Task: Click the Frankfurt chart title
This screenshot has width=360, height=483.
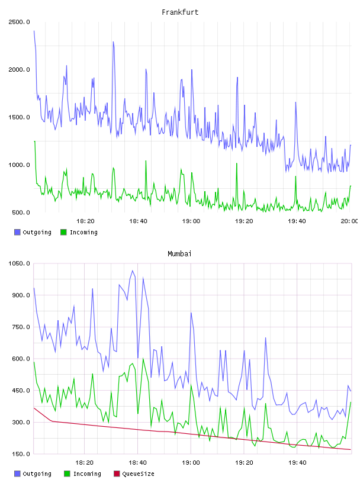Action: pyautogui.click(x=180, y=12)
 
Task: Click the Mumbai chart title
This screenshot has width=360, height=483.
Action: pyautogui.click(x=179, y=254)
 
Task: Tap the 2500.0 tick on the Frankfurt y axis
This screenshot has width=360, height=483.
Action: pyautogui.click(x=19, y=22)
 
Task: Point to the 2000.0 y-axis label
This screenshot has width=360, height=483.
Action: pyautogui.click(x=19, y=70)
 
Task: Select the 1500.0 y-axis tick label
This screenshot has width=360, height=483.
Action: pyautogui.click(x=19, y=117)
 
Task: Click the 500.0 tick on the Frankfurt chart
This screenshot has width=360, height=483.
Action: pyautogui.click(x=21, y=212)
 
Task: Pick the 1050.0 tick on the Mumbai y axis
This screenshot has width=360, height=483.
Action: pyautogui.click(x=19, y=263)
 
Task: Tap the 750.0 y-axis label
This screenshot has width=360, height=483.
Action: pyautogui.click(x=21, y=327)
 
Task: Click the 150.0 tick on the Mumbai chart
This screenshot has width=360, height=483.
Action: pyautogui.click(x=21, y=454)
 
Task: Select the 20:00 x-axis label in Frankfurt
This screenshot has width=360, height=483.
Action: pyautogui.click(x=349, y=221)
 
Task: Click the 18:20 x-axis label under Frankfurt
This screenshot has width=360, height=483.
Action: pyautogui.click(x=85, y=221)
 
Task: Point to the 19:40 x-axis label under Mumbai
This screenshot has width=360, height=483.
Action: pyautogui.click(x=297, y=463)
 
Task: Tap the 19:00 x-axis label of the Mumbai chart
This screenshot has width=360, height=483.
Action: pyautogui.click(x=191, y=463)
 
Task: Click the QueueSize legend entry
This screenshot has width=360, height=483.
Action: pyautogui.click(x=134, y=474)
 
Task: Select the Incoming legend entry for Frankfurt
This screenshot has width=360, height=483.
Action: pyautogui.click(x=79, y=232)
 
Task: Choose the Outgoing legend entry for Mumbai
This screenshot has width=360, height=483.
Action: pyautogui.click(x=33, y=474)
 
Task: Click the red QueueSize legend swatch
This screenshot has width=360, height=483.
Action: pyautogui.click(x=117, y=474)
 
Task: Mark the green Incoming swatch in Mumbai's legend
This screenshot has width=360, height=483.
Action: pyautogui.click(x=67, y=474)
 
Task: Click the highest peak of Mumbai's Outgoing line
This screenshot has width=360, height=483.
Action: pyautogui.click(x=133, y=271)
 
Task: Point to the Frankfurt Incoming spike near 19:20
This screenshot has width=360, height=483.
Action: pyautogui.click(x=237, y=163)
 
